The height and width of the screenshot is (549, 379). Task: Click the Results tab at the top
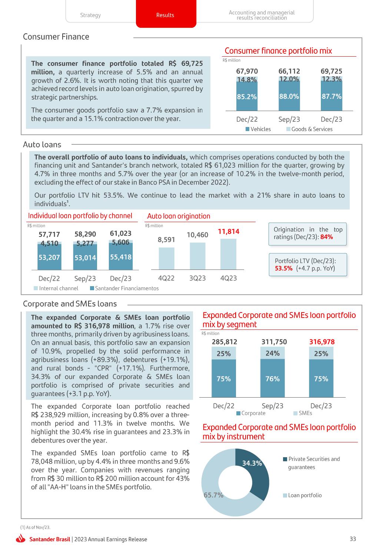pos(165,15)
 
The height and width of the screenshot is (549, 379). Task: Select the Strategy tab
pos(90,15)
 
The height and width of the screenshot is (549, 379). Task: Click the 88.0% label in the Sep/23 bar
pos(289,96)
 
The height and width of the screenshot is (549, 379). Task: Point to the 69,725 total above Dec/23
pos(331,71)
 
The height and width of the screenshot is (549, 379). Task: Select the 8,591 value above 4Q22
pos(166,240)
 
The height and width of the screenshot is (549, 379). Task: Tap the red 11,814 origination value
pos(229,231)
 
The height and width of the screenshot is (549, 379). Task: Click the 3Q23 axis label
pos(197,278)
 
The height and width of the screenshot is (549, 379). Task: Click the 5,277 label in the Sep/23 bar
pos(85,243)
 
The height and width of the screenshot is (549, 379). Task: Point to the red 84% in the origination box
pos(327,237)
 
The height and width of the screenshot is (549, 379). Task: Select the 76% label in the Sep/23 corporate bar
pos(273,379)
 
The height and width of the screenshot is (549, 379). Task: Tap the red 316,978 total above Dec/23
pos(322,342)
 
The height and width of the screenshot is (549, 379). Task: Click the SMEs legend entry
pos(303,413)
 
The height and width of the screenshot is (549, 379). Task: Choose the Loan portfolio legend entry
pos(302,495)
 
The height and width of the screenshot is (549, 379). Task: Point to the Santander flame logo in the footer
pos(21,539)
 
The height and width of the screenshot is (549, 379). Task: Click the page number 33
pos(353,539)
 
